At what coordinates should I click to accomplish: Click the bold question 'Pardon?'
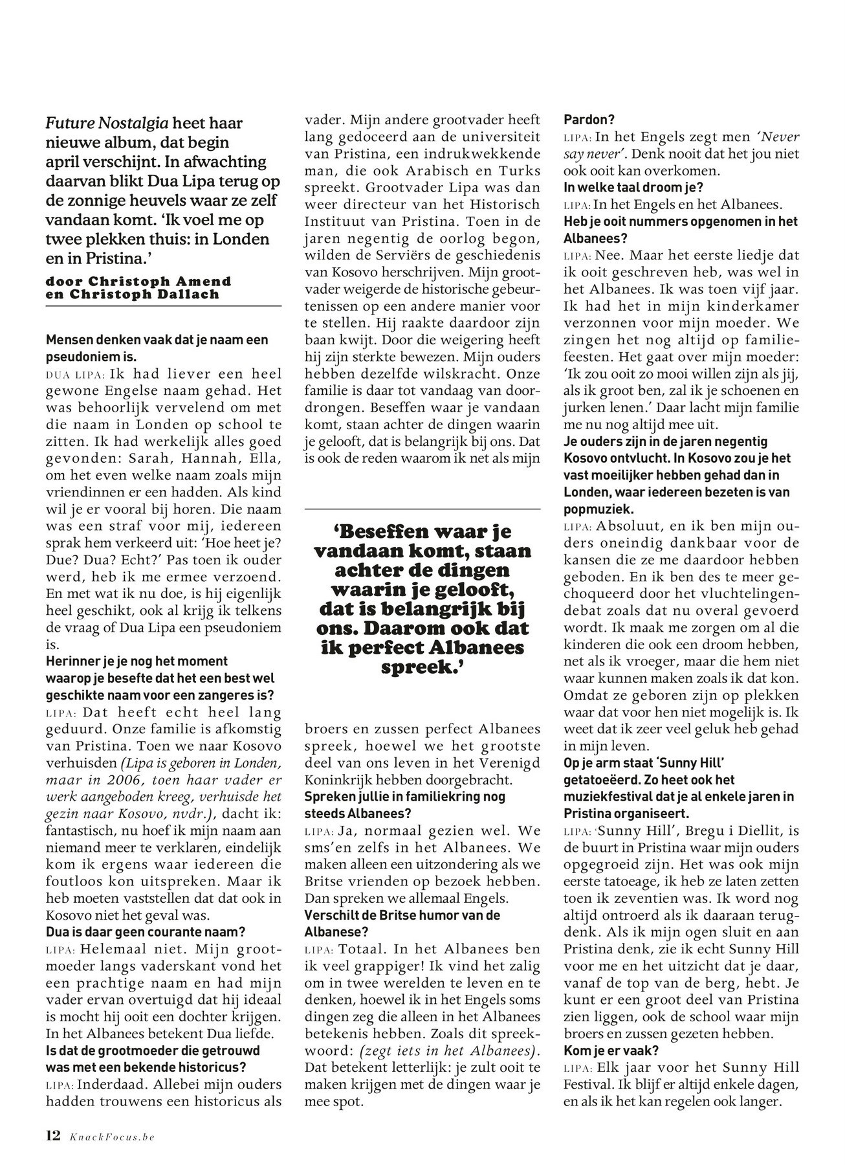click(589, 120)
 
